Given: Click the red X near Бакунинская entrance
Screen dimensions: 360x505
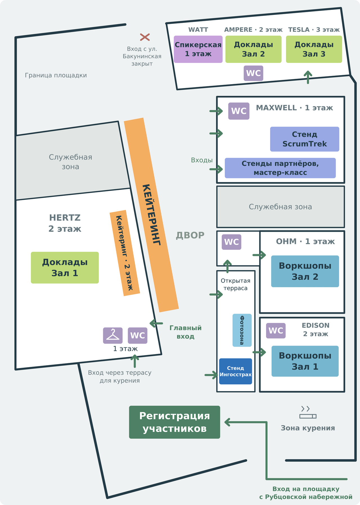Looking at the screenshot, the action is click(x=145, y=37).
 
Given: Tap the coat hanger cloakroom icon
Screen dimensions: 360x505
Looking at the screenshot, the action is click(x=113, y=335).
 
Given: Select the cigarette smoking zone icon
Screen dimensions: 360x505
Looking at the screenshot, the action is click(x=308, y=412).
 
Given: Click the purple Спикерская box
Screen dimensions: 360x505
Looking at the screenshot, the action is click(x=198, y=49).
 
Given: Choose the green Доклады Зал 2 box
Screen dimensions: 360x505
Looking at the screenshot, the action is click(x=253, y=49).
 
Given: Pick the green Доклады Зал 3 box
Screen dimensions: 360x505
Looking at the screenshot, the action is click(x=314, y=49).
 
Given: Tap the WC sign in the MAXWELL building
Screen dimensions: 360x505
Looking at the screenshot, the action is click(x=239, y=111).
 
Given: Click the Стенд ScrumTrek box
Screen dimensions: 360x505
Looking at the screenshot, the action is click(x=305, y=139).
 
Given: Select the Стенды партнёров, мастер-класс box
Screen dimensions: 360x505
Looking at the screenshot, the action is click(x=280, y=168).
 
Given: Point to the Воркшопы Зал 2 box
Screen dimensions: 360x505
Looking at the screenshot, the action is click(x=305, y=271).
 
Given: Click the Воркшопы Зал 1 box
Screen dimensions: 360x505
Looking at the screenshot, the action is click(x=305, y=361).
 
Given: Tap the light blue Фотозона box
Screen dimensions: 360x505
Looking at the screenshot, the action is click(x=242, y=330).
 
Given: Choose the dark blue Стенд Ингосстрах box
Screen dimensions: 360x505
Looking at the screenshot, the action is click(x=235, y=371).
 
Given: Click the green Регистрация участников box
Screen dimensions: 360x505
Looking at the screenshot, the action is click(x=174, y=422).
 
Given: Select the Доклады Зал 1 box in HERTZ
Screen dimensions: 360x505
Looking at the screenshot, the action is click(x=65, y=268).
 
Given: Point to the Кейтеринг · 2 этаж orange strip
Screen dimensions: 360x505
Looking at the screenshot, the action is click(x=125, y=253).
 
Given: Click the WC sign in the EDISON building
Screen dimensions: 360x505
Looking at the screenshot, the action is click(x=276, y=331).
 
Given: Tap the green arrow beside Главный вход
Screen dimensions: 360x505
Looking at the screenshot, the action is click(x=156, y=324).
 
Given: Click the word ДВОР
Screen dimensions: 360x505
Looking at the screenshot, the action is click(x=190, y=235).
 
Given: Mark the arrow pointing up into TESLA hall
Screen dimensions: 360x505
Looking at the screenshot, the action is click(x=308, y=77).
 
